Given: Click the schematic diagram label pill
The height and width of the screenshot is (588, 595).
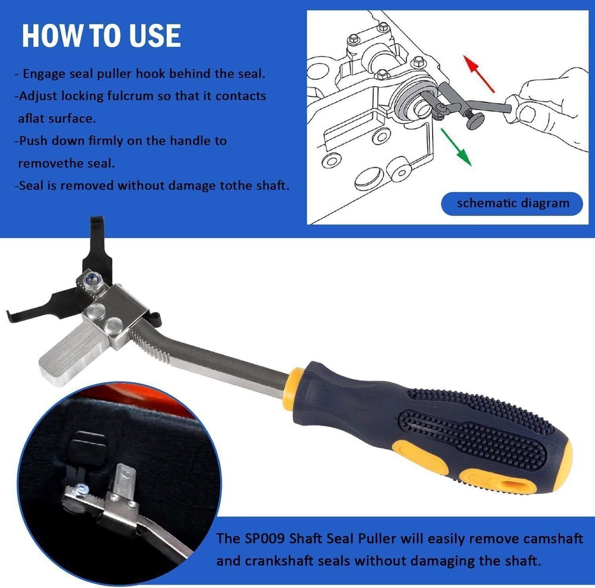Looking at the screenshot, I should pyautogui.click(x=512, y=203).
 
